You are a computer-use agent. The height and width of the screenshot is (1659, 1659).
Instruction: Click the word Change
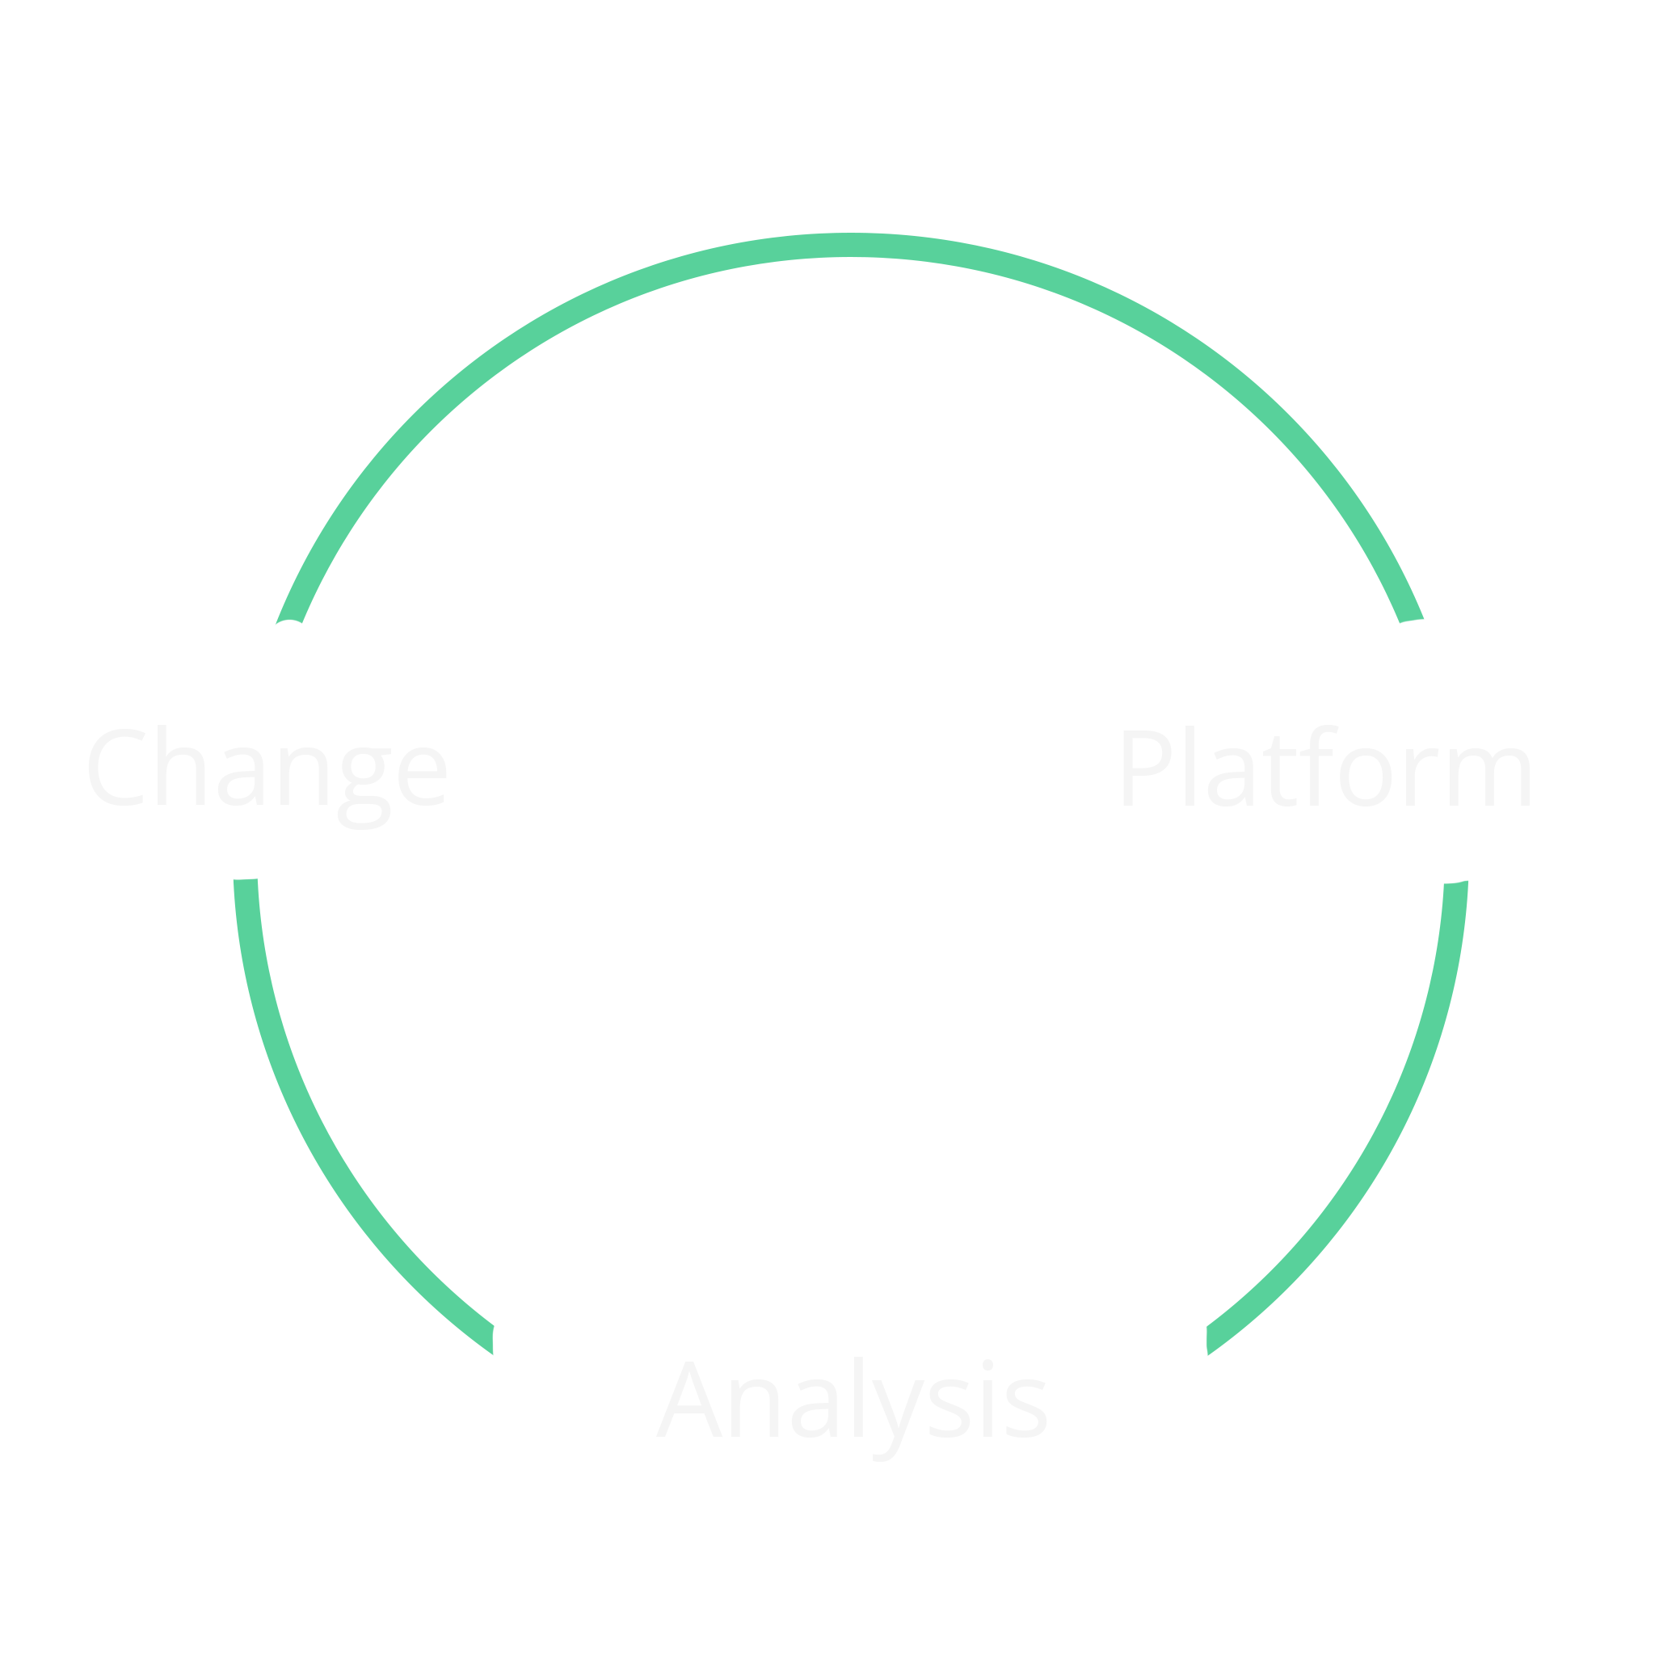coord(267,777)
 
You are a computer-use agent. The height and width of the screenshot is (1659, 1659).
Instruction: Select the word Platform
coord(1327,766)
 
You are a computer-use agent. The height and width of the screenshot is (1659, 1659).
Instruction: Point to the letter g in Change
coord(365,788)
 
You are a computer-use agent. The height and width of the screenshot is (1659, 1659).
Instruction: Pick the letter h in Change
coord(180,765)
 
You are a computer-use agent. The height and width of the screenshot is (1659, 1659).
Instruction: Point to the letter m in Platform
coord(1490,777)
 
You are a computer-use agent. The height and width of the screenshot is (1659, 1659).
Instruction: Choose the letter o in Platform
coord(1366,777)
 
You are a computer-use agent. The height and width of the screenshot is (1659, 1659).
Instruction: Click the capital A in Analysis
coord(688,1399)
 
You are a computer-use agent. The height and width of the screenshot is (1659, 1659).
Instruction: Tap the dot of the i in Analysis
coord(987,1365)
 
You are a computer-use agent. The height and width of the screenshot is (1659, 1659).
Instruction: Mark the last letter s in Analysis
coord(1026,1408)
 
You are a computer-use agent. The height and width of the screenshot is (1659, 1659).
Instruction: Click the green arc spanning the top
coord(850,245)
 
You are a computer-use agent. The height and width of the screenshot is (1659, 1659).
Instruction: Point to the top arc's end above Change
coord(288,621)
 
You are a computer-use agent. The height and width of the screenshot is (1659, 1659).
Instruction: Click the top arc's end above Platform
coord(1412,620)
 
